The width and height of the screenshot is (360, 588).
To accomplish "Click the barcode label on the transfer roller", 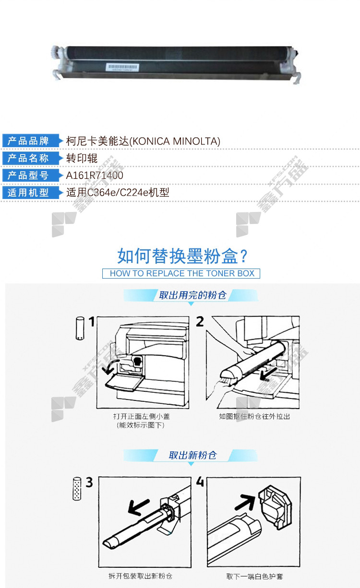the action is click(122, 67).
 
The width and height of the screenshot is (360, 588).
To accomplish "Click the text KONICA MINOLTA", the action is click(175, 141).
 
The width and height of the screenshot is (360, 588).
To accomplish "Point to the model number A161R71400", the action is click(95, 176).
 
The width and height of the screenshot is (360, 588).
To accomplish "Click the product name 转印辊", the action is click(82, 158).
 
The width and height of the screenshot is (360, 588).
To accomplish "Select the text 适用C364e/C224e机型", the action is click(118, 193).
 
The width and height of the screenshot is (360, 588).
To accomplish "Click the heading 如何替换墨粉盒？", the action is click(182, 256).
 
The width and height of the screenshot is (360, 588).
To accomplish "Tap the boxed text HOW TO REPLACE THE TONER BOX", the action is click(181, 273).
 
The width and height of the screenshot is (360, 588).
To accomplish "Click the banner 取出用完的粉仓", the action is click(192, 295).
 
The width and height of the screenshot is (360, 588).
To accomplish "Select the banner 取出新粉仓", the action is click(192, 455).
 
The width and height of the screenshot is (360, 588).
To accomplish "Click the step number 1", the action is click(91, 321).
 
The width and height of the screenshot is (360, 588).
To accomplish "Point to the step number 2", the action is click(200, 321).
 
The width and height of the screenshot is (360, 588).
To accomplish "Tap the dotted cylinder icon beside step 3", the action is click(77, 489).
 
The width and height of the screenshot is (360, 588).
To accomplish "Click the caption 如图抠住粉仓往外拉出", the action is click(254, 416).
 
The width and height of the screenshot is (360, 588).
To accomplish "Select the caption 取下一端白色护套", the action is click(254, 576).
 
